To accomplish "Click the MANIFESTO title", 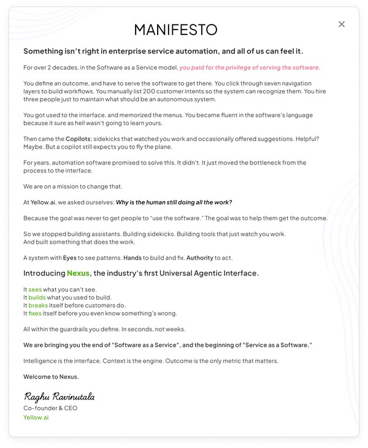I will pyautogui.click(x=175, y=29).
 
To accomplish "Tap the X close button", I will pyautogui.click(x=342, y=24).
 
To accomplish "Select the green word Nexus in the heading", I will pyautogui.click(x=79, y=273).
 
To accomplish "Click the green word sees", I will pyautogui.click(x=35, y=289).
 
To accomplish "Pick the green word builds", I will pyautogui.click(x=37, y=297).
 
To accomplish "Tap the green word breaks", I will pyautogui.click(x=38, y=305).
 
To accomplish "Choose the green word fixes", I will pyautogui.click(x=35, y=313).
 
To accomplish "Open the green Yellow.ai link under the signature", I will pyautogui.click(x=36, y=417).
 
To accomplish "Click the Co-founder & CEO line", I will pyautogui.click(x=50, y=407).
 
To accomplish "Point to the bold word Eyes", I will pyautogui.click(x=70, y=258).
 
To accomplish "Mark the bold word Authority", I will pyautogui.click(x=201, y=258).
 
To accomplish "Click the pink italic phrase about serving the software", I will pyautogui.click(x=250, y=68).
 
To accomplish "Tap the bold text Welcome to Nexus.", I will pyautogui.click(x=51, y=376).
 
